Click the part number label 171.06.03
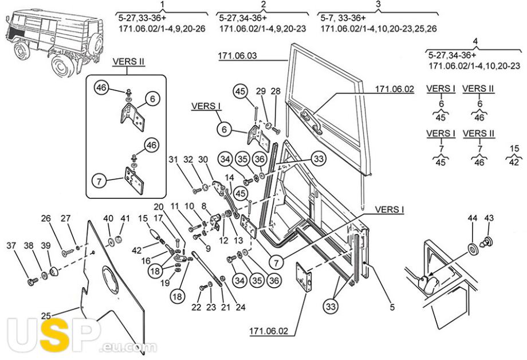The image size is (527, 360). tap(237, 56)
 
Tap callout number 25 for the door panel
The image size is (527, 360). tap(46, 316)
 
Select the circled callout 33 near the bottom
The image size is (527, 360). tap(331, 307)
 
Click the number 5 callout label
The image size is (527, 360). tap(392, 307)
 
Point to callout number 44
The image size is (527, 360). tap(472, 218)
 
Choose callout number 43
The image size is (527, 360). tap(489, 218)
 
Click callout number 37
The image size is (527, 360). tap(11, 245)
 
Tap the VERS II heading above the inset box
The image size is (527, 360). tap(128, 61)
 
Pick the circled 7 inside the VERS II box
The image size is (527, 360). tap(99, 182)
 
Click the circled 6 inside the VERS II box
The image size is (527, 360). tap(152, 99)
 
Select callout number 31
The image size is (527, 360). tap(173, 159)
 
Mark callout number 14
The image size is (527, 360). tap(229, 177)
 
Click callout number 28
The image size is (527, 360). tap(276, 91)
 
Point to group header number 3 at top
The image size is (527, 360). tap(378, 5)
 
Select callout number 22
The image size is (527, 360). tap(196, 307)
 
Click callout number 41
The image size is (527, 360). tap(125, 218)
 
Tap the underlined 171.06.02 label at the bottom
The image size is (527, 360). tap(269, 331)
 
